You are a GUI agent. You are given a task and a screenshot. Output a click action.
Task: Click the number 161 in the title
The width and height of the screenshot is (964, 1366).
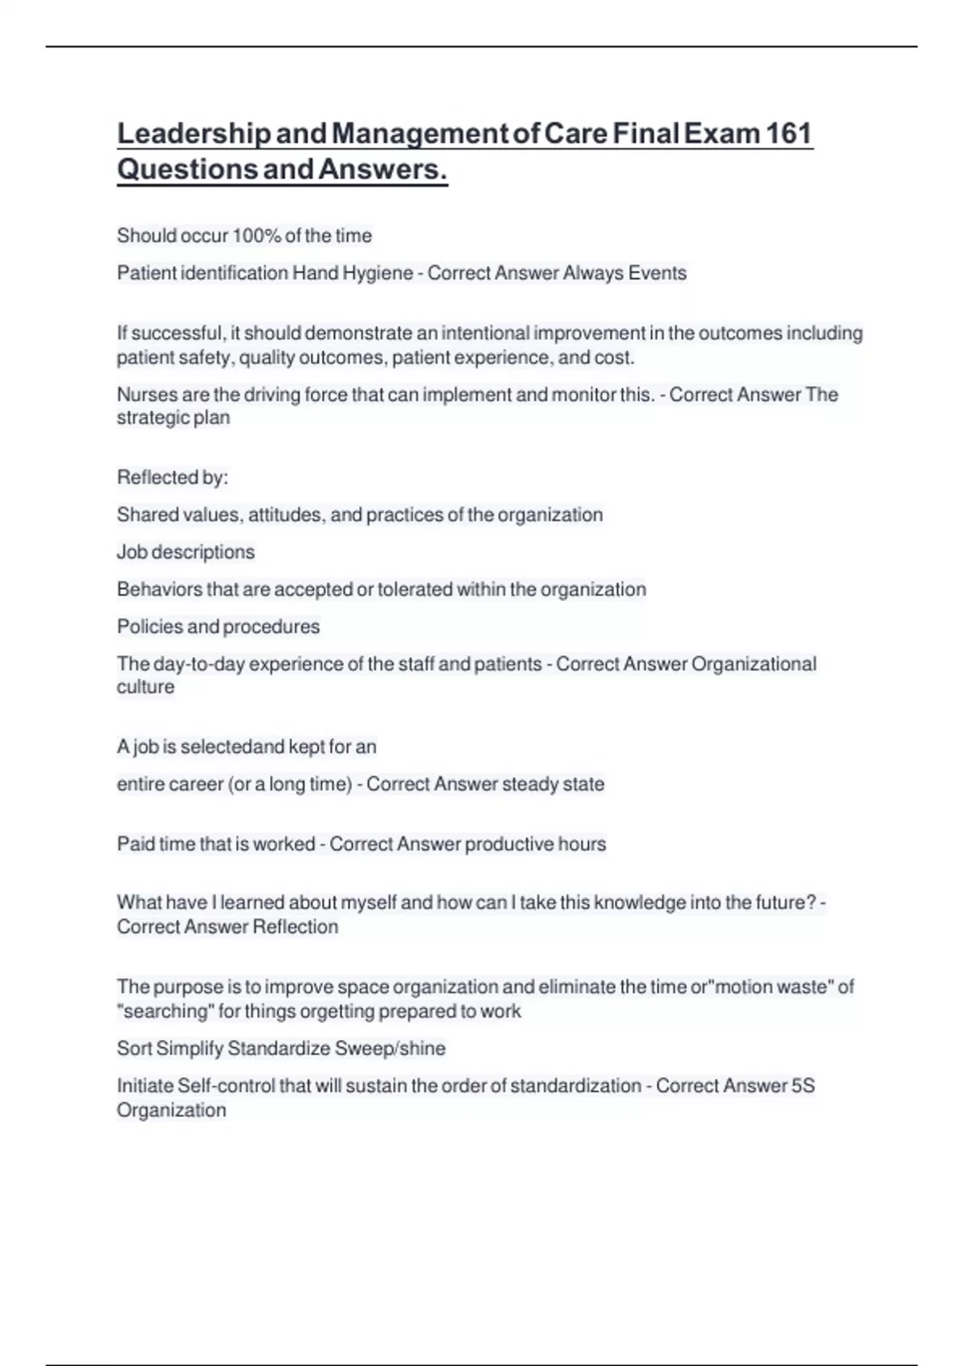(x=789, y=133)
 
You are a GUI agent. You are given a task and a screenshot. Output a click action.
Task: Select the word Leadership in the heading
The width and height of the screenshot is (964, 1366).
(x=193, y=133)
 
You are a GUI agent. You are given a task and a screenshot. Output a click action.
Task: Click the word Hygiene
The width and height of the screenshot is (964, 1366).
(x=378, y=273)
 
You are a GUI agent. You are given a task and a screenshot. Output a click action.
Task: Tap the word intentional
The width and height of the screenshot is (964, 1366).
(x=485, y=333)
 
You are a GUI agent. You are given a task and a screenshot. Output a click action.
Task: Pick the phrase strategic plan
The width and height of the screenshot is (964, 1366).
(x=174, y=418)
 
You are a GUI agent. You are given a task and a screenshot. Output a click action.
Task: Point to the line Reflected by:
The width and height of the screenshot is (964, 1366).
(x=172, y=478)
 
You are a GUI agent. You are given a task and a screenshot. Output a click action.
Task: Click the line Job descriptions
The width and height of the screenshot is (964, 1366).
(x=186, y=552)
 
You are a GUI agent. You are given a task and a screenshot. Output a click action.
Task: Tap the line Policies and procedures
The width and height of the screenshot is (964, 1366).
(x=218, y=627)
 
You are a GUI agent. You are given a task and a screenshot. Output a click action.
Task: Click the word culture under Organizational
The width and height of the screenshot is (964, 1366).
(x=145, y=688)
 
